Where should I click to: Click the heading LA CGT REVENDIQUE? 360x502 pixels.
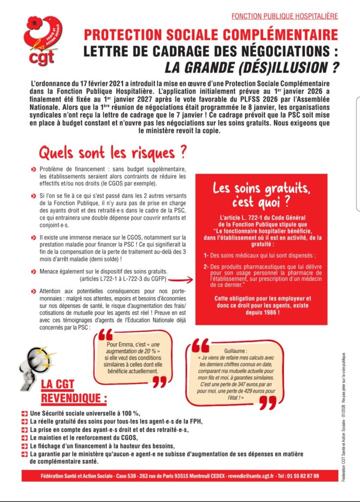click(x=73, y=391)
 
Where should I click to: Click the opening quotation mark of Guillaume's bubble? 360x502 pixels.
click(x=200, y=347)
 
